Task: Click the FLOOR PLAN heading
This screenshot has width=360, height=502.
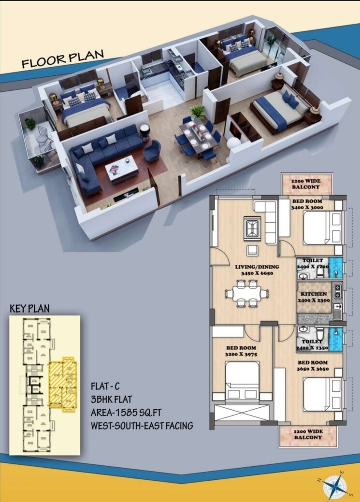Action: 63,58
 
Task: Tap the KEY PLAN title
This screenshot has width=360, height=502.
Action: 29,309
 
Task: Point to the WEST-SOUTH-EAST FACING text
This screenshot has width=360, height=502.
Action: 142,426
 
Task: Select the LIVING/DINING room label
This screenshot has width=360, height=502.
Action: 253,267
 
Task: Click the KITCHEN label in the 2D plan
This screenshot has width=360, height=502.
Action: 314,294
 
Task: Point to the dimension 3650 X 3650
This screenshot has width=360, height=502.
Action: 313,369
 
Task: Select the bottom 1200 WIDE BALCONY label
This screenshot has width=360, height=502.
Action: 307,434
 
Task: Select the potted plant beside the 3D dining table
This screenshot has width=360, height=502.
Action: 197,112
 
